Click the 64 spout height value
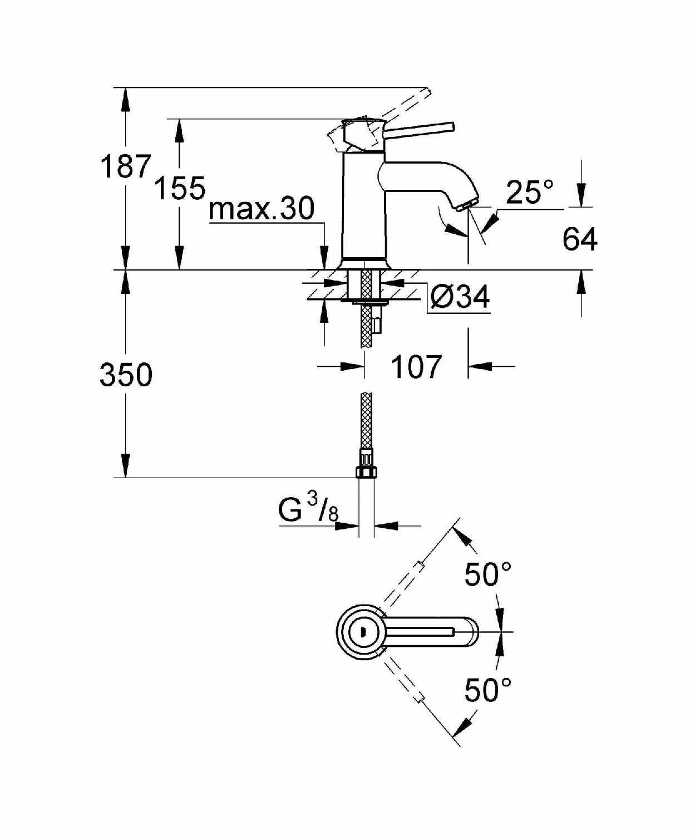pos(580,239)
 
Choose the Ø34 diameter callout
pos(460,297)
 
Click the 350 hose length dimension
pos(126,375)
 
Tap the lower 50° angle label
pos(488,689)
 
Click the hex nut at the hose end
pos(366,472)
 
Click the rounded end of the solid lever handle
pos(451,126)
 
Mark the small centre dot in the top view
pos(363,631)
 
